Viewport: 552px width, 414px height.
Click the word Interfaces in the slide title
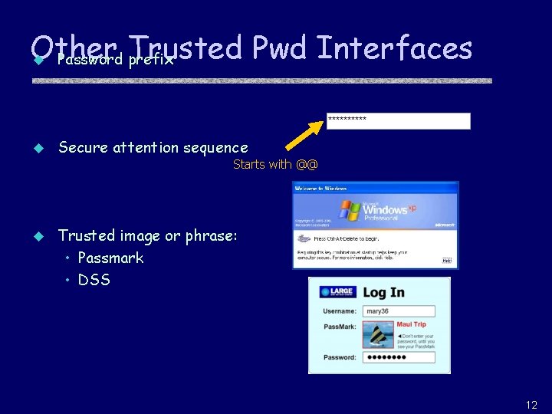[x=393, y=48]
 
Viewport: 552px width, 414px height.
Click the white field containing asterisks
[x=398, y=120]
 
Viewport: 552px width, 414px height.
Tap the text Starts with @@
[x=275, y=164]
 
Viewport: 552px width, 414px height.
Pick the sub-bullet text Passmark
[x=110, y=258]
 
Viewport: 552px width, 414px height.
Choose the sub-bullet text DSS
[x=94, y=280]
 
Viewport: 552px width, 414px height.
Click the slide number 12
[x=531, y=405]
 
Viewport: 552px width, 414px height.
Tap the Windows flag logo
[x=351, y=209]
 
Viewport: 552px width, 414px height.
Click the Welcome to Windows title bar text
[x=320, y=188]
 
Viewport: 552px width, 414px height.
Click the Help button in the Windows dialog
[x=447, y=261]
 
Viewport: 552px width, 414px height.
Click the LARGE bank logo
[x=337, y=292]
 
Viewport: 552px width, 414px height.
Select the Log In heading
[x=383, y=292]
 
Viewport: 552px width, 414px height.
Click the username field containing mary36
[x=399, y=311]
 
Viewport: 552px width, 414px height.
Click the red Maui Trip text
[x=412, y=324]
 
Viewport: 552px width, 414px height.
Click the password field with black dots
[x=399, y=357]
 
